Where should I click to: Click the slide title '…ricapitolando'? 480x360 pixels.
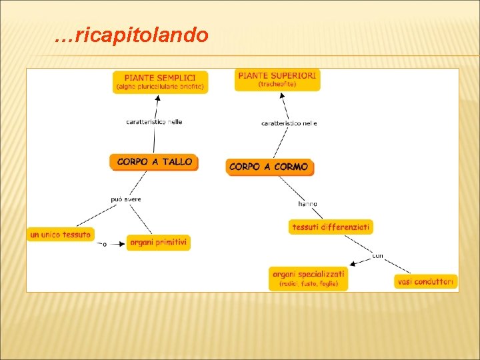point(131,35)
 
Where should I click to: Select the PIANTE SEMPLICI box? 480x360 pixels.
point(160,81)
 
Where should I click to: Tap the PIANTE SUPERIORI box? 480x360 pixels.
point(277,79)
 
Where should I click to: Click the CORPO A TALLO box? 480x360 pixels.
point(154,162)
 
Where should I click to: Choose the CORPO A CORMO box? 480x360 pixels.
point(269,167)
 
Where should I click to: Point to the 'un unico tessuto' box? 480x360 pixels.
point(60,235)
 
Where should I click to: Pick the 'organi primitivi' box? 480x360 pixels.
point(159,243)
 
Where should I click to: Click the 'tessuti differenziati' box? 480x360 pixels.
point(331,227)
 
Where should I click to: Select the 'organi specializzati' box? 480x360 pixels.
point(309,278)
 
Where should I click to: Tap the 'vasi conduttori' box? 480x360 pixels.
point(425,282)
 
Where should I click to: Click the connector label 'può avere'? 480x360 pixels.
point(126,199)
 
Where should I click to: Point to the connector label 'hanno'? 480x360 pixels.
point(307,203)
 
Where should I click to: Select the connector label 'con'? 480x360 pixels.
point(377,255)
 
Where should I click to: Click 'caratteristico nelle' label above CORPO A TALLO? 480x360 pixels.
point(154,122)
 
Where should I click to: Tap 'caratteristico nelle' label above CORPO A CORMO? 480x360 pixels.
point(289,123)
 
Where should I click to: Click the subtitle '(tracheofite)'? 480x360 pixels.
point(277,85)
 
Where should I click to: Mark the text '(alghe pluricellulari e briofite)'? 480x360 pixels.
point(160,87)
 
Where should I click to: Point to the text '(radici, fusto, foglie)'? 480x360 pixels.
point(309,284)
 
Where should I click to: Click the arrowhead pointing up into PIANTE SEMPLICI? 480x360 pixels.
point(159,97)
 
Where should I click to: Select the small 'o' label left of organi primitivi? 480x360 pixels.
point(105,245)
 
